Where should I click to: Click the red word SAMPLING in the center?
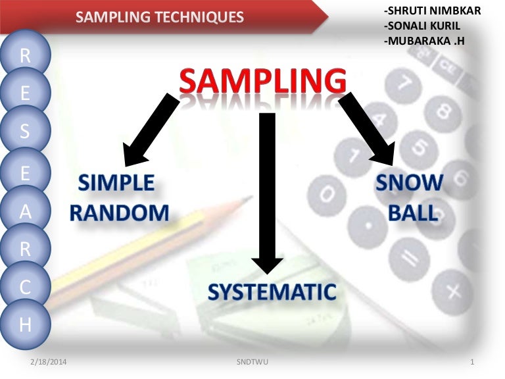(x=262, y=82)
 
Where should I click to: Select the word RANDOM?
(x=120, y=212)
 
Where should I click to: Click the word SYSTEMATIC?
(x=272, y=291)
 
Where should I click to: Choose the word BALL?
(x=412, y=213)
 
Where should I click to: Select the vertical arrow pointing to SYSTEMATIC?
(x=267, y=191)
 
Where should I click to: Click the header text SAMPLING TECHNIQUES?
(x=159, y=17)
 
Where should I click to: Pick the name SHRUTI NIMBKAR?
(x=431, y=11)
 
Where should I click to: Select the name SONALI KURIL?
(x=421, y=26)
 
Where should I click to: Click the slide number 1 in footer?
(x=473, y=363)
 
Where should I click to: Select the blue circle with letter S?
(x=26, y=132)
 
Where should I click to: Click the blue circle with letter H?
(x=26, y=324)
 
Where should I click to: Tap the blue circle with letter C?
(x=26, y=287)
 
